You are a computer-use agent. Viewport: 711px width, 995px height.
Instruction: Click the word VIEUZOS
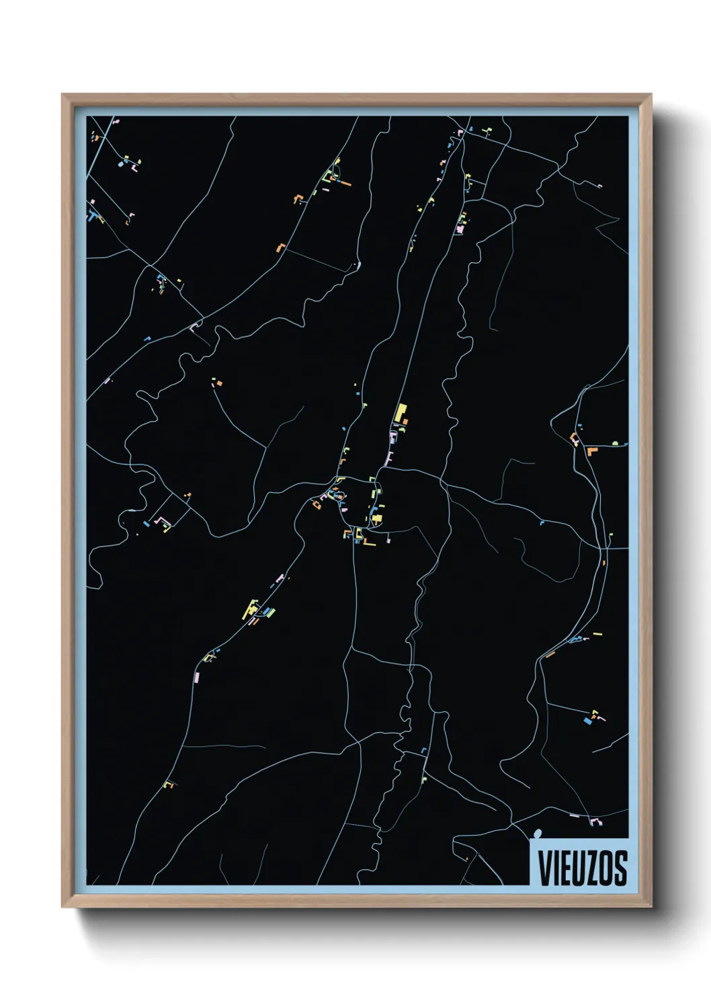point(582,868)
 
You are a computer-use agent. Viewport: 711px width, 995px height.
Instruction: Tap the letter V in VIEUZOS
point(545,868)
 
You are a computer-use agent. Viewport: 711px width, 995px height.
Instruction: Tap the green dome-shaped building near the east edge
point(615,443)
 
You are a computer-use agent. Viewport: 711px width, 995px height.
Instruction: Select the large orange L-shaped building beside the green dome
point(591,450)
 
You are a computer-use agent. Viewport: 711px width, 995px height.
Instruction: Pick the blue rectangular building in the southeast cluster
point(587,721)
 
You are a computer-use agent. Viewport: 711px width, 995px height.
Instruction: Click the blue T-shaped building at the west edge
point(92,216)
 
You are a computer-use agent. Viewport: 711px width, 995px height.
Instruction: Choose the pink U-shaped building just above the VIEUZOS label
point(595,822)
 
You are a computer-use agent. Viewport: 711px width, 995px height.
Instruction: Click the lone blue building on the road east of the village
point(542,522)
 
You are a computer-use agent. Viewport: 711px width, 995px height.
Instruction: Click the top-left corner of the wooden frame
point(62,95)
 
